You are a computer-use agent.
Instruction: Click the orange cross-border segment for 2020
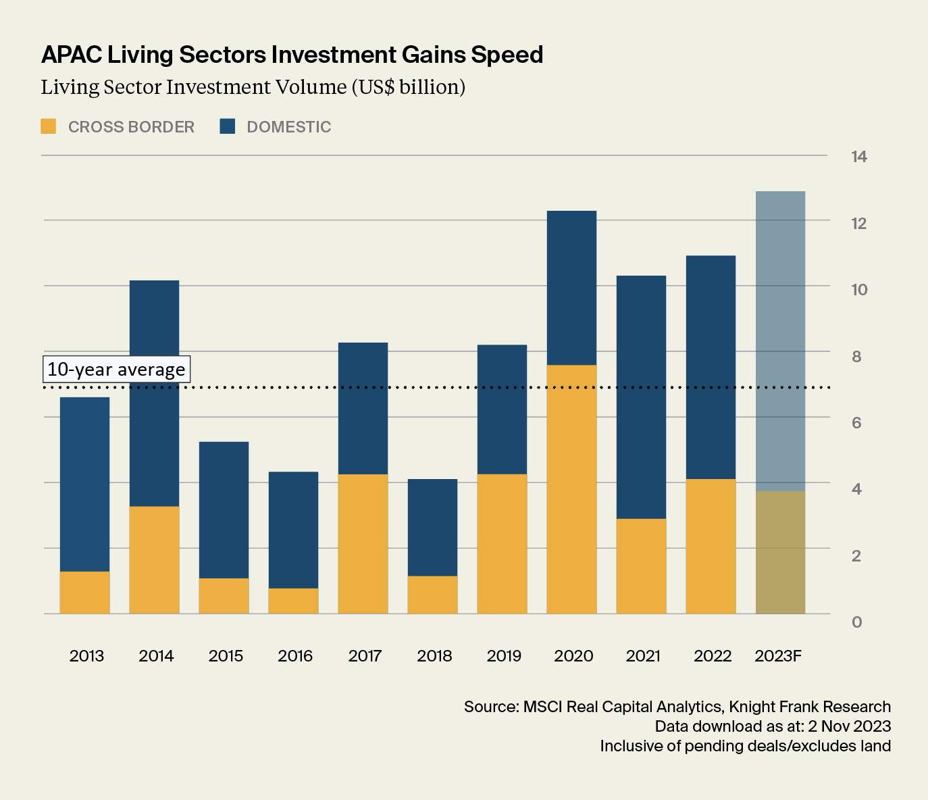coord(571,489)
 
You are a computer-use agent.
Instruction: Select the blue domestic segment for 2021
coord(641,397)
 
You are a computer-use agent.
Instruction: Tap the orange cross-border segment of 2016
coord(293,601)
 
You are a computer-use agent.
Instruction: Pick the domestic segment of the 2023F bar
coord(780,341)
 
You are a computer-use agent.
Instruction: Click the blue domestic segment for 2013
coord(84,484)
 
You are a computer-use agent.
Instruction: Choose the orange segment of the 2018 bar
coord(432,595)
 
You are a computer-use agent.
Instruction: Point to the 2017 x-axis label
coord(365,656)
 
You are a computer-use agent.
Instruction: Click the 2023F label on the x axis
coord(778,656)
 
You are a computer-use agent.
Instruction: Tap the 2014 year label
coord(156,656)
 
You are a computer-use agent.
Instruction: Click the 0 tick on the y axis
coord(856,622)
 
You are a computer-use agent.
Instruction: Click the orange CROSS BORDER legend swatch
coord(49,126)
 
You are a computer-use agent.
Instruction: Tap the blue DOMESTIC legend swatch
coord(228,126)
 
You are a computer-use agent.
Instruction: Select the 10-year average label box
coord(116,370)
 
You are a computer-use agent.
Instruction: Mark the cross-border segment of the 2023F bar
coord(780,553)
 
